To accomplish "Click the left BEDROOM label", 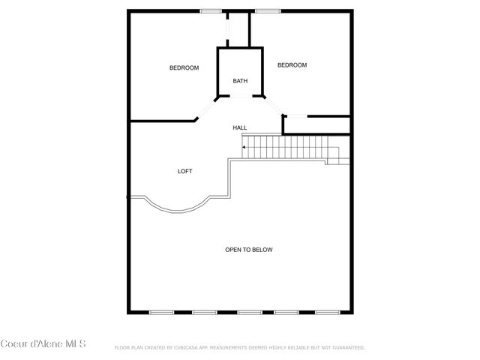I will click(184, 68).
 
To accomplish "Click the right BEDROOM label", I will click(292, 65).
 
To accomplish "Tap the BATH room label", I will click(240, 81).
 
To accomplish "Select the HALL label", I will click(240, 127).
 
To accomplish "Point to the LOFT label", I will click(184, 171).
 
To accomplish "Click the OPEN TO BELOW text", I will click(249, 250).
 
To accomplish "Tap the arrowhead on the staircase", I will click(244, 147).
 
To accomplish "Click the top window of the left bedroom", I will click(211, 10).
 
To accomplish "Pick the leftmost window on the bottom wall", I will click(160, 312).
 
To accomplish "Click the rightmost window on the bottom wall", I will click(327, 312).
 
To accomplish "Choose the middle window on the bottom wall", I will click(249, 312).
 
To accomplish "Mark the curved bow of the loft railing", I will click(177, 208).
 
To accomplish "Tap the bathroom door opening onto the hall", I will click(240, 97).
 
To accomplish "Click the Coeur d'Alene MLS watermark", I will click(43, 344).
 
